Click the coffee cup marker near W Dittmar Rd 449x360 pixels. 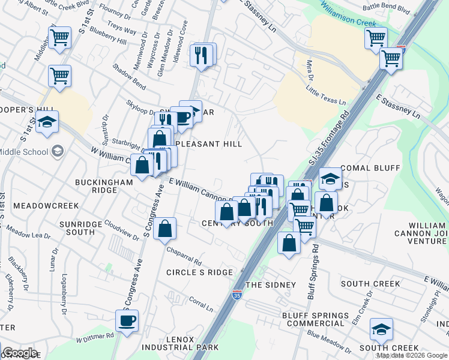127,321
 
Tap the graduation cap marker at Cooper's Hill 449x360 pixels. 47,122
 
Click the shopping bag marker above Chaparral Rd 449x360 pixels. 164,229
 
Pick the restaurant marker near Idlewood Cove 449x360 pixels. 201,55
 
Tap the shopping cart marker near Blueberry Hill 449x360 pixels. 60,37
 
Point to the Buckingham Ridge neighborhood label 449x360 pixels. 95,185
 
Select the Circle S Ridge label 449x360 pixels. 199,272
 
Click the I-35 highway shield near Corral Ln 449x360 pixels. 237,295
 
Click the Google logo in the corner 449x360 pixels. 20,353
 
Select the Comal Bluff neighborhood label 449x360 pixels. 370,168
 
